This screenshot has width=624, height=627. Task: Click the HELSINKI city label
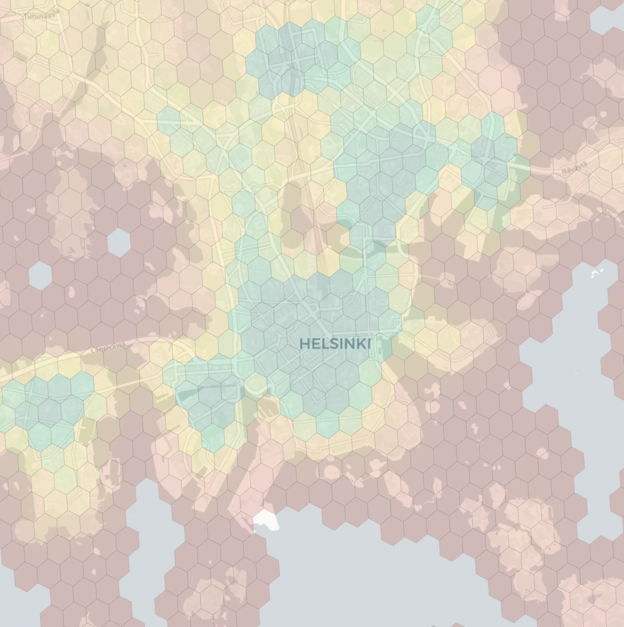[x=335, y=344]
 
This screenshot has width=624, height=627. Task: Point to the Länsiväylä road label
[x=109, y=349]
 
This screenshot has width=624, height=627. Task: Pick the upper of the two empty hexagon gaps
[x=119, y=242]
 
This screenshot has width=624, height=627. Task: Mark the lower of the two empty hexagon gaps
[x=40, y=276]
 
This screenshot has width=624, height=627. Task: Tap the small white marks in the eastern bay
[x=597, y=273]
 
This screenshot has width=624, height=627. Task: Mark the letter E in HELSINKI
[x=315, y=344]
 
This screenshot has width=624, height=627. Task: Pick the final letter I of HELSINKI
[x=369, y=344]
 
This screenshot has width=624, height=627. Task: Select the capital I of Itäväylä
[x=564, y=172]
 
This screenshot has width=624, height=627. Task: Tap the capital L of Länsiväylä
[x=94, y=352]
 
